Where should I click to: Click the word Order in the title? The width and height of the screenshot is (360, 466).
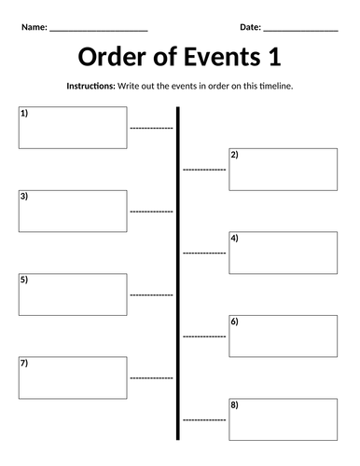112,57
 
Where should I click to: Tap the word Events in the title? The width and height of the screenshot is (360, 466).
222,57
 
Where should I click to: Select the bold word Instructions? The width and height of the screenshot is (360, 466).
90,86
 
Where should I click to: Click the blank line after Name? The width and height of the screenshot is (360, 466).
99,31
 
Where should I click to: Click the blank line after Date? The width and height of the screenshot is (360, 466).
300,31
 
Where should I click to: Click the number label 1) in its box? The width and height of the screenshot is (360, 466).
24,113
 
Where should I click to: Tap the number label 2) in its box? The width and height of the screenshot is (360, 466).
234,155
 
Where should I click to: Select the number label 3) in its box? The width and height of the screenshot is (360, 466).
24,197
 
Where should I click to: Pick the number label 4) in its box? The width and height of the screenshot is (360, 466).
234,238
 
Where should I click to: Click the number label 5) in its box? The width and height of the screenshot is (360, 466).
24,280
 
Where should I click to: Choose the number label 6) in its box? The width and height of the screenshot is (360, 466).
234,322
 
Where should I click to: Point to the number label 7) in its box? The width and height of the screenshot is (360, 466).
24,363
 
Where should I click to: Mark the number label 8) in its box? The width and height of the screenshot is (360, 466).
234,404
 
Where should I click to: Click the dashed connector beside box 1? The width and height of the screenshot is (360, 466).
151,128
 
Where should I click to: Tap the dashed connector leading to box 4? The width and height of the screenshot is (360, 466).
204,254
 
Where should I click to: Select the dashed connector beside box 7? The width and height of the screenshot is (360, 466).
151,378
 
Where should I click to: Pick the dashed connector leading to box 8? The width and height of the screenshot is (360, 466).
204,420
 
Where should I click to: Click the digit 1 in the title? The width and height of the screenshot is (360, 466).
275,57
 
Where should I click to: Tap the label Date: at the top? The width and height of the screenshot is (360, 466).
250,27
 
